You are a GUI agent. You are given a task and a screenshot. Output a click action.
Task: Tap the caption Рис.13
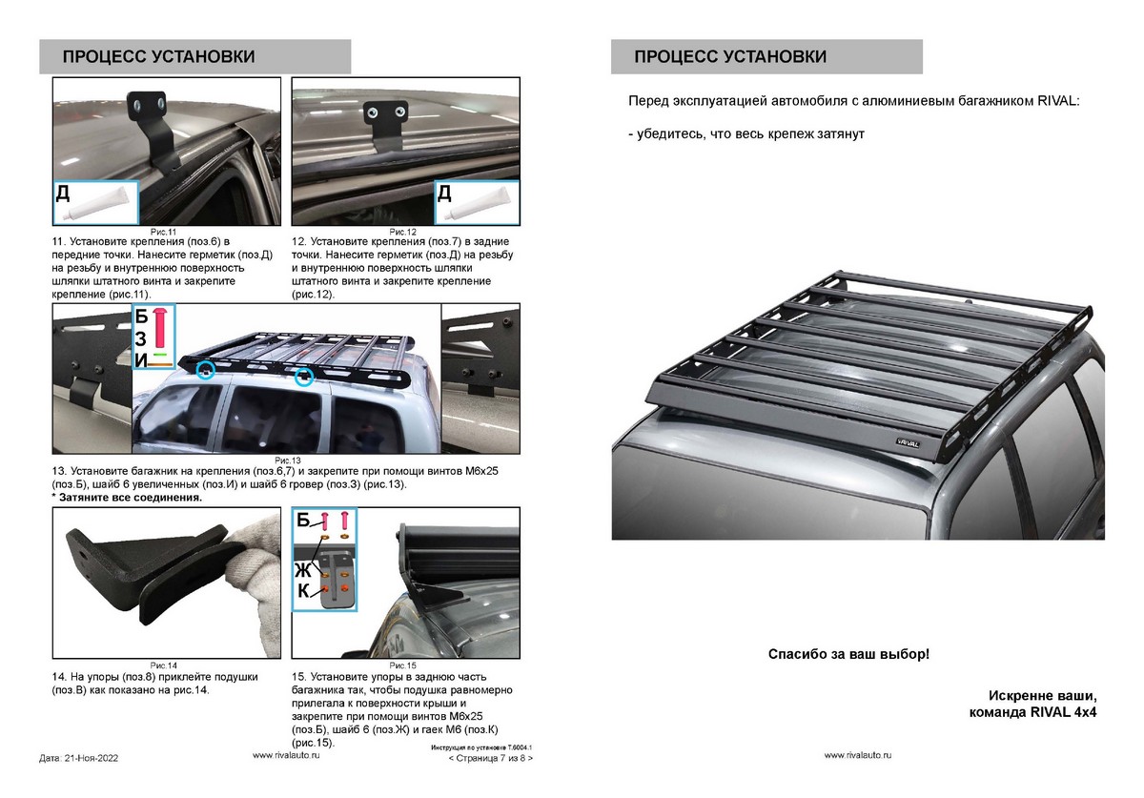pyautogui.click(x=288, y=460)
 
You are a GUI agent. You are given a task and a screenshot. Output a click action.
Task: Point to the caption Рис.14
pyautogui.click(x=165, y=665)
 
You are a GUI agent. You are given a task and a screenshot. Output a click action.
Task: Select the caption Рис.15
pyautogui.click(x=404, y=665)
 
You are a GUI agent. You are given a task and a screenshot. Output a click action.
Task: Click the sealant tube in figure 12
pyautogui.click(x=483, y=203)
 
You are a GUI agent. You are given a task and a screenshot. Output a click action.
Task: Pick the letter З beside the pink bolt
pyautogui.click(x=140, y=338)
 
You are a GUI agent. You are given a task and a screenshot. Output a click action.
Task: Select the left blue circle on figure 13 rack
pyautogui.click(x=204, y=369)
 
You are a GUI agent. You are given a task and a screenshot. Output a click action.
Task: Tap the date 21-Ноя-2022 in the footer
pyautogui.click(x=79, y=758)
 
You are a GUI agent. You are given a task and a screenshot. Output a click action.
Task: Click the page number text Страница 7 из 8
pyautogui.click(x=490, y=759)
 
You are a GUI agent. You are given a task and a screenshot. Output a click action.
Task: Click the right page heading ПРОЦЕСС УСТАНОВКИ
pyautogui.click(x=730, y=56)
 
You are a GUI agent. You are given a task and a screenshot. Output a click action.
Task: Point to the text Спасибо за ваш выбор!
pyautogui.click(x=848, y=655)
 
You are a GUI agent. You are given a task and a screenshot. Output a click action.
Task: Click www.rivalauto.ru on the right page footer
pyautogui.click(x=858, y=754)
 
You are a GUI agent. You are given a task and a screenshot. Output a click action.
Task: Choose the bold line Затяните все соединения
pyautogui.click(x=129, y=498)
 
